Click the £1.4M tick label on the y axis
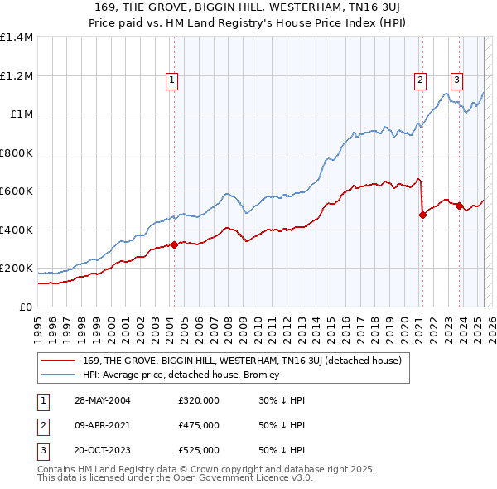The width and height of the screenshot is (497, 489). [x=16, y=37]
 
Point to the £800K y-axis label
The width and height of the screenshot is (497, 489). [x=16, y=153]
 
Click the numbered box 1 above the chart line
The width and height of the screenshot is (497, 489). [x=171, y=80]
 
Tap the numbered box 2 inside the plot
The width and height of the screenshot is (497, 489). [x=421, y=80]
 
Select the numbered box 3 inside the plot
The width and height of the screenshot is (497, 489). [x=456, y=80]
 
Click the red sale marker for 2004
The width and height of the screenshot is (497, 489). [x=175, y=244]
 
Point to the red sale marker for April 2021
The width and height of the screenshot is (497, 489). [x=422, y=215]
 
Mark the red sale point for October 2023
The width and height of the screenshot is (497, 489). [x=459, y=206]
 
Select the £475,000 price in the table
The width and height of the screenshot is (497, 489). [x=199, y=425]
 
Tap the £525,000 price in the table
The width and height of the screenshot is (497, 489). [x=199, y=450]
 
